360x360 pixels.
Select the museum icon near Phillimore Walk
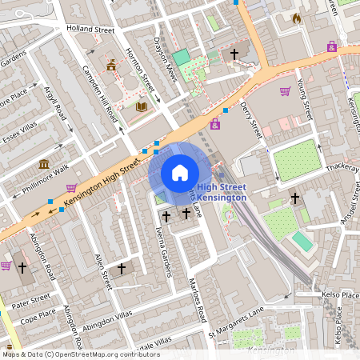tap(44, 165)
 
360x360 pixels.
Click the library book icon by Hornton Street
tap(142, 106)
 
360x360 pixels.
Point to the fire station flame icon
tap(297, 18)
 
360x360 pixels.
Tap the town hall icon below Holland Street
tap(111, 65)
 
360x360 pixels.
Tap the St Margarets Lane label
tap(235, 327)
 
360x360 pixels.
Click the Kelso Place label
tap(340, 295)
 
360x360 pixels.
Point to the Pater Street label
tap(32, 303)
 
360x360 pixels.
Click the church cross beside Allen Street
tap(121, 269)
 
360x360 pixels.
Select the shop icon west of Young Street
tap(285, 90)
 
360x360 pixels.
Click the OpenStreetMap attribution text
tap(80, 354)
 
